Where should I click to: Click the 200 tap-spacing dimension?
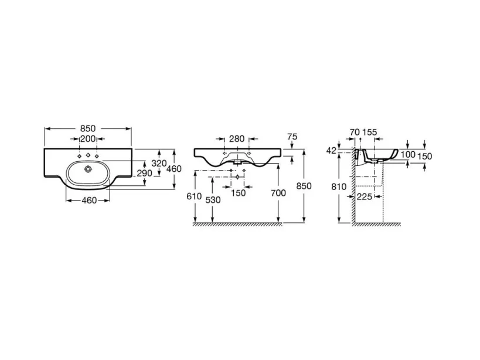pos(88,139)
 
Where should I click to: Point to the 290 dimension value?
pos(144,174)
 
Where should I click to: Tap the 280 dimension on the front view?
pos(237,139)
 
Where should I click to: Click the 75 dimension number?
pos(292,137)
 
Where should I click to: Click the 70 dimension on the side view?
pos(354,133)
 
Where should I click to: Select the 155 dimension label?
pos(370,133)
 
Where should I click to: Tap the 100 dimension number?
pos(408,154)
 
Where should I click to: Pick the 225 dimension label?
pos(365,197)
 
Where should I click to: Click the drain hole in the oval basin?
pos(88,169)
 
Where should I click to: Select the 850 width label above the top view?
pos(88,128)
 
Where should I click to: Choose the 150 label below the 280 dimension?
pos(239,193)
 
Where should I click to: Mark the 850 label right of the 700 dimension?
pos(302,186)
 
